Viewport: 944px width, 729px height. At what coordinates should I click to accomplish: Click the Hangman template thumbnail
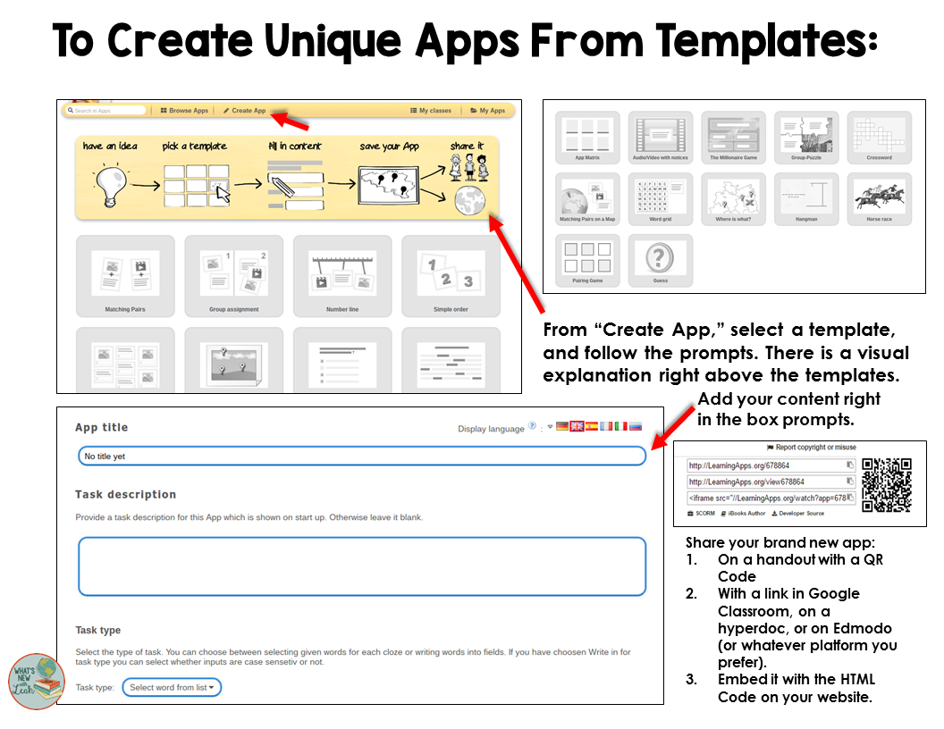tap(806, 198)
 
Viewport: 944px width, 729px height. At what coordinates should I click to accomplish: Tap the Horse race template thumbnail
tap(879, 198)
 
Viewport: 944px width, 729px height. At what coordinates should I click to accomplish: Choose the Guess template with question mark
tap(660, 260)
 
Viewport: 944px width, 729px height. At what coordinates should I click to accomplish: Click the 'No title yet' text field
tap(361, 456)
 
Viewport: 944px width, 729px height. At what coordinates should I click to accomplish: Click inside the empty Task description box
tap(361, 566)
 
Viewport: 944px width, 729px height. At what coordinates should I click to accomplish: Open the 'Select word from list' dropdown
tap(172, 687)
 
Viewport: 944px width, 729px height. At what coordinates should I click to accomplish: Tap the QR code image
tap(886, 485)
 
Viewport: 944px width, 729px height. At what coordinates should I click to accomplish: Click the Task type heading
tap(97, 630)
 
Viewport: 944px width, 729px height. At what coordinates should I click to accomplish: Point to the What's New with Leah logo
tap(37, 682)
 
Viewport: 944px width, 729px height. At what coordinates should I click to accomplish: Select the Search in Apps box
tap(105, 111)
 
